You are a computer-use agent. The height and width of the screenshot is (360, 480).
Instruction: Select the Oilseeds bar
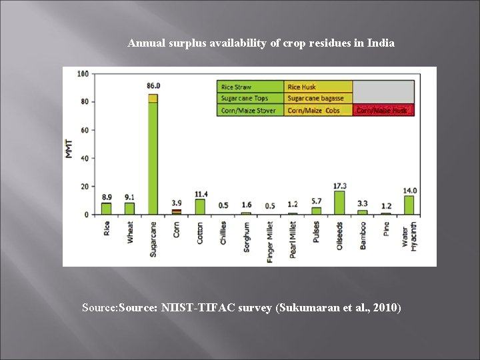(x=339, y=203)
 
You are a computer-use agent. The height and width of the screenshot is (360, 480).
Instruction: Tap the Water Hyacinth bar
(x=409, y=205)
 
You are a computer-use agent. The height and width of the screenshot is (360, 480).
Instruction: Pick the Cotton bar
(x=199, y=207)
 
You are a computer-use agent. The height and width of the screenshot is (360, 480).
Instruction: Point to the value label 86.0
(x=153, y=86)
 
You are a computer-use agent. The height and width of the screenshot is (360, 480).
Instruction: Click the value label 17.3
(x=339, y=185)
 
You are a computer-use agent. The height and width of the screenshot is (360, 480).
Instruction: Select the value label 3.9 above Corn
(x=176, y=203)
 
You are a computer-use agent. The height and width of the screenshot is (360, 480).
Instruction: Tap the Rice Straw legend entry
(x=250, y=87)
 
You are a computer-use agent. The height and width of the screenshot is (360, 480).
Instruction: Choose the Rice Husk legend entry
(x=318, y=87)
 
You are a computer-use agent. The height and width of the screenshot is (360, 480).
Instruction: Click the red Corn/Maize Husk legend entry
(x=383, y=111)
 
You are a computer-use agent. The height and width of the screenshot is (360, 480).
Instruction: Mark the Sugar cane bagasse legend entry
(x=318, y=99)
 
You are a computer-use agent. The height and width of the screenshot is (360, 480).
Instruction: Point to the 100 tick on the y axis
(x=83, y=73)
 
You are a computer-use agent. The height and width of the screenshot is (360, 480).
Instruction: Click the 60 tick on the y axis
(x=85, y=130)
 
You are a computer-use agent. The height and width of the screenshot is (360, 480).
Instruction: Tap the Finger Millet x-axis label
(x=270, y=241)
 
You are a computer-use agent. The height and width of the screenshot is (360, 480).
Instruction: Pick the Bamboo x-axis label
(x=363, y=235)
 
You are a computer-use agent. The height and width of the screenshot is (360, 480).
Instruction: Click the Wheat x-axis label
(x=130, y=233)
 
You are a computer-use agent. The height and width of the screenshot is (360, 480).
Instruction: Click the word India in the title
(x=382, y=43)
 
